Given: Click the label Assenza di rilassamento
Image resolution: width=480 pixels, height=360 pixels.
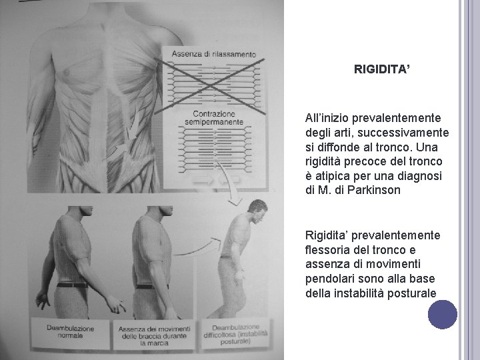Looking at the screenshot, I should (x=213, y=54).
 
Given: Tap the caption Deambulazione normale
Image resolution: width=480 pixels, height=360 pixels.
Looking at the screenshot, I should (x=70, y=332).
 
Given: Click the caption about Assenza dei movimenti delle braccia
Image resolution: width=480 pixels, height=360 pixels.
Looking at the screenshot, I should (x=154, y=335).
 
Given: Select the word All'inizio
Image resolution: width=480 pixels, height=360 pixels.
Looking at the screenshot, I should (x=328, y=117).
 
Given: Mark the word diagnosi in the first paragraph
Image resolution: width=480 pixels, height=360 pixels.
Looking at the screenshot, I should (x=417, y=176).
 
